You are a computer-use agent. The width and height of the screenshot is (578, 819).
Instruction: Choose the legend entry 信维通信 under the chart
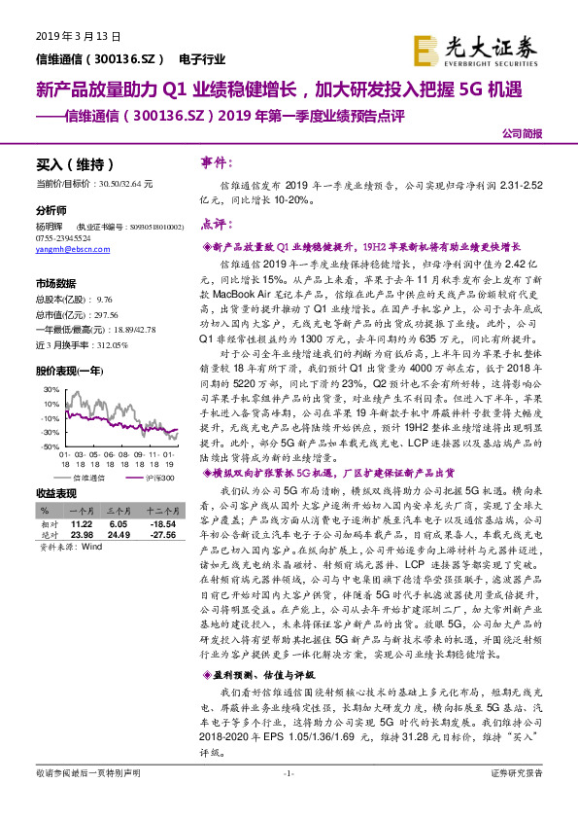pyautogui.click(x=87, y=480)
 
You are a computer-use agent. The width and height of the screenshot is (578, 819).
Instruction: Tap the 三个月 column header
pyautogui.click(x=119, y=511)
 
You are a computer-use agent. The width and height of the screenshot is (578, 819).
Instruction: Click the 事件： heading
pyautogui.click(x=215, y=162)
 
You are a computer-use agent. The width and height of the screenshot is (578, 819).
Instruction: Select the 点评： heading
pyautogui.click(x=215, y=225)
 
